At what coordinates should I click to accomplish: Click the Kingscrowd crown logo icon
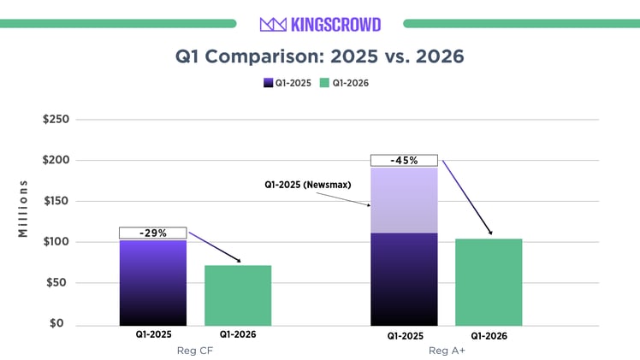point(272,24)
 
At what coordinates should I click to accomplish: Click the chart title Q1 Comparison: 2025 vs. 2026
point(320,56)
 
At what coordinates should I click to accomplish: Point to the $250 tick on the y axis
point(56,120)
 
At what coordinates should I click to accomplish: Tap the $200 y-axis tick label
point(56,161)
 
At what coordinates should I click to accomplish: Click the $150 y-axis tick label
point(56,202)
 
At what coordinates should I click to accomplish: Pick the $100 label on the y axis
point(56,242)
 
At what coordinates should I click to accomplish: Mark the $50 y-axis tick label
point(59,283)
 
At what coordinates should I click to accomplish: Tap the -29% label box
point(152,233)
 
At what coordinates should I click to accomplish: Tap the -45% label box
point(404,160)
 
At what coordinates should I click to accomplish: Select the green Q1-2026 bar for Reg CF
point(238,295)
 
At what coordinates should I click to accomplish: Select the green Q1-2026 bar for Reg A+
point(489,281)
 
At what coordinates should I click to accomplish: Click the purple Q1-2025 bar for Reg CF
point(152,282)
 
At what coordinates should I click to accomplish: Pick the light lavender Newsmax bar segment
point(404,199)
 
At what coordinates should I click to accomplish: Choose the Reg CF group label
point(195,351)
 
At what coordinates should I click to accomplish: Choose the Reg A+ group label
point(446,351)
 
